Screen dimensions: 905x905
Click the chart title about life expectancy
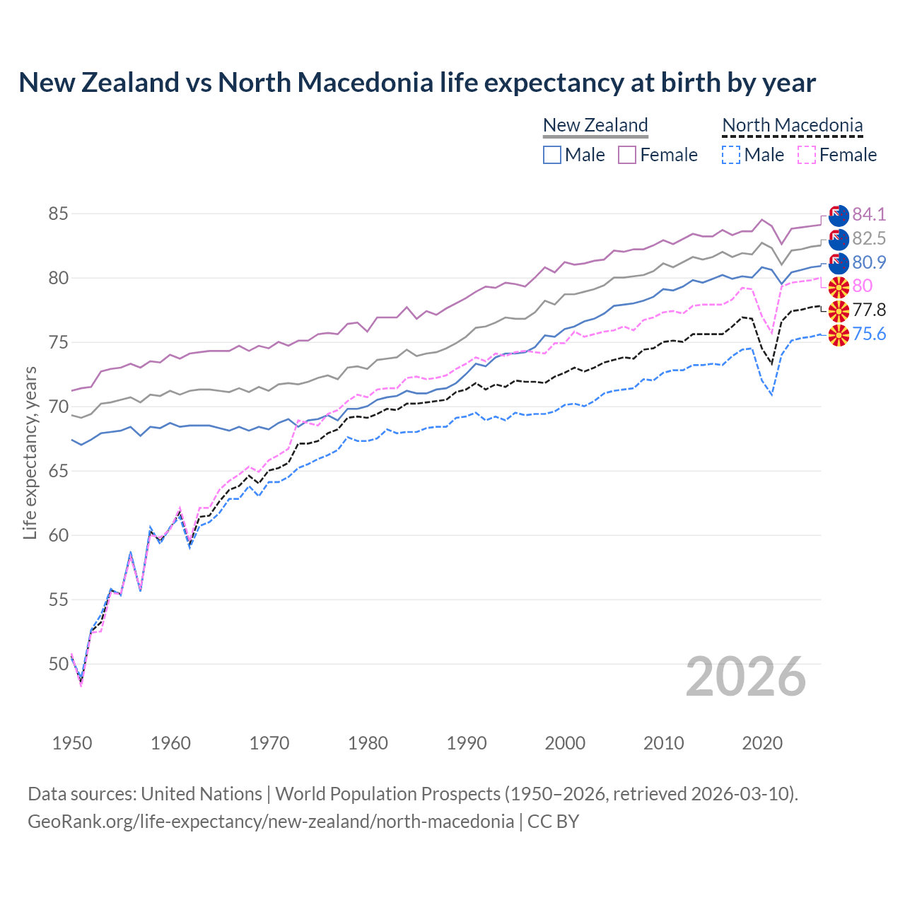tap(417, 83)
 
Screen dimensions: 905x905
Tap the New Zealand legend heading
tap(595, 125)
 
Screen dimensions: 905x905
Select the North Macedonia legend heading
tap(793, 125)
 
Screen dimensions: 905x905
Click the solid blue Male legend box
tap(552, 155)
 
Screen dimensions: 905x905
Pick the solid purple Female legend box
tap(628, 155)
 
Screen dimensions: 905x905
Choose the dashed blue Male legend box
tap(731, 155)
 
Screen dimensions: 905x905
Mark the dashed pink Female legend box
tap(807, 155)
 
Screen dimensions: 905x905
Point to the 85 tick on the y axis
tap(59, 214)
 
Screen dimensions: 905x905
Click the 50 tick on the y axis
tap(59, 664)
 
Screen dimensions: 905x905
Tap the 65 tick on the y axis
tap(59, 471)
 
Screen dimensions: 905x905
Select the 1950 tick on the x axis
tap(72, 743)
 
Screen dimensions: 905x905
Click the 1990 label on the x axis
tap(467, 743)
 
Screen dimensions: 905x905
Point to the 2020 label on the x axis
tap(762, 743)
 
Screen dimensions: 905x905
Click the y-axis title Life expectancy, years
tap(30, 452)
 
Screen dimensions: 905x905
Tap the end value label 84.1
tap(869, 214)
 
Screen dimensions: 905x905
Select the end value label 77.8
tap(869, 310)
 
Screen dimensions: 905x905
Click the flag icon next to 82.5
tap(839, 239)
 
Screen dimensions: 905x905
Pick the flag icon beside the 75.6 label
tap(839, 335)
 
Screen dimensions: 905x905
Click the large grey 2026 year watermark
tap(746, 677)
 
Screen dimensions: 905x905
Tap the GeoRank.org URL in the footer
tap(271, 822)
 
